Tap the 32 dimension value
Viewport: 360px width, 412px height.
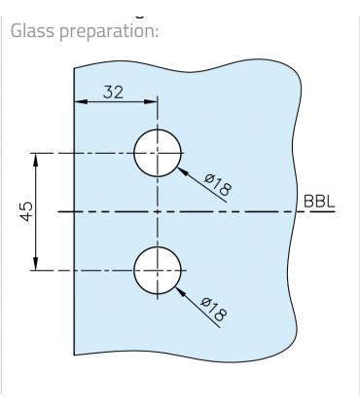tap(114, 93)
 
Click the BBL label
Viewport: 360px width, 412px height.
tap(319, 202)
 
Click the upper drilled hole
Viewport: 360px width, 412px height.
tap(158, 153)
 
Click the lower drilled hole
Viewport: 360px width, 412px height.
tap(158, 270)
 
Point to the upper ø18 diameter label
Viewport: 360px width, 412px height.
tap(218, 183)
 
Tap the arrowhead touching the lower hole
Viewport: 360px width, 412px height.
tap(179, 288)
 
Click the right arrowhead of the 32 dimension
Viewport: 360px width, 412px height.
tap(152, 101)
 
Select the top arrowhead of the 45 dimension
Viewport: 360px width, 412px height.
tap(36, 158)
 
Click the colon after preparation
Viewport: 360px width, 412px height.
tap(156, 31)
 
